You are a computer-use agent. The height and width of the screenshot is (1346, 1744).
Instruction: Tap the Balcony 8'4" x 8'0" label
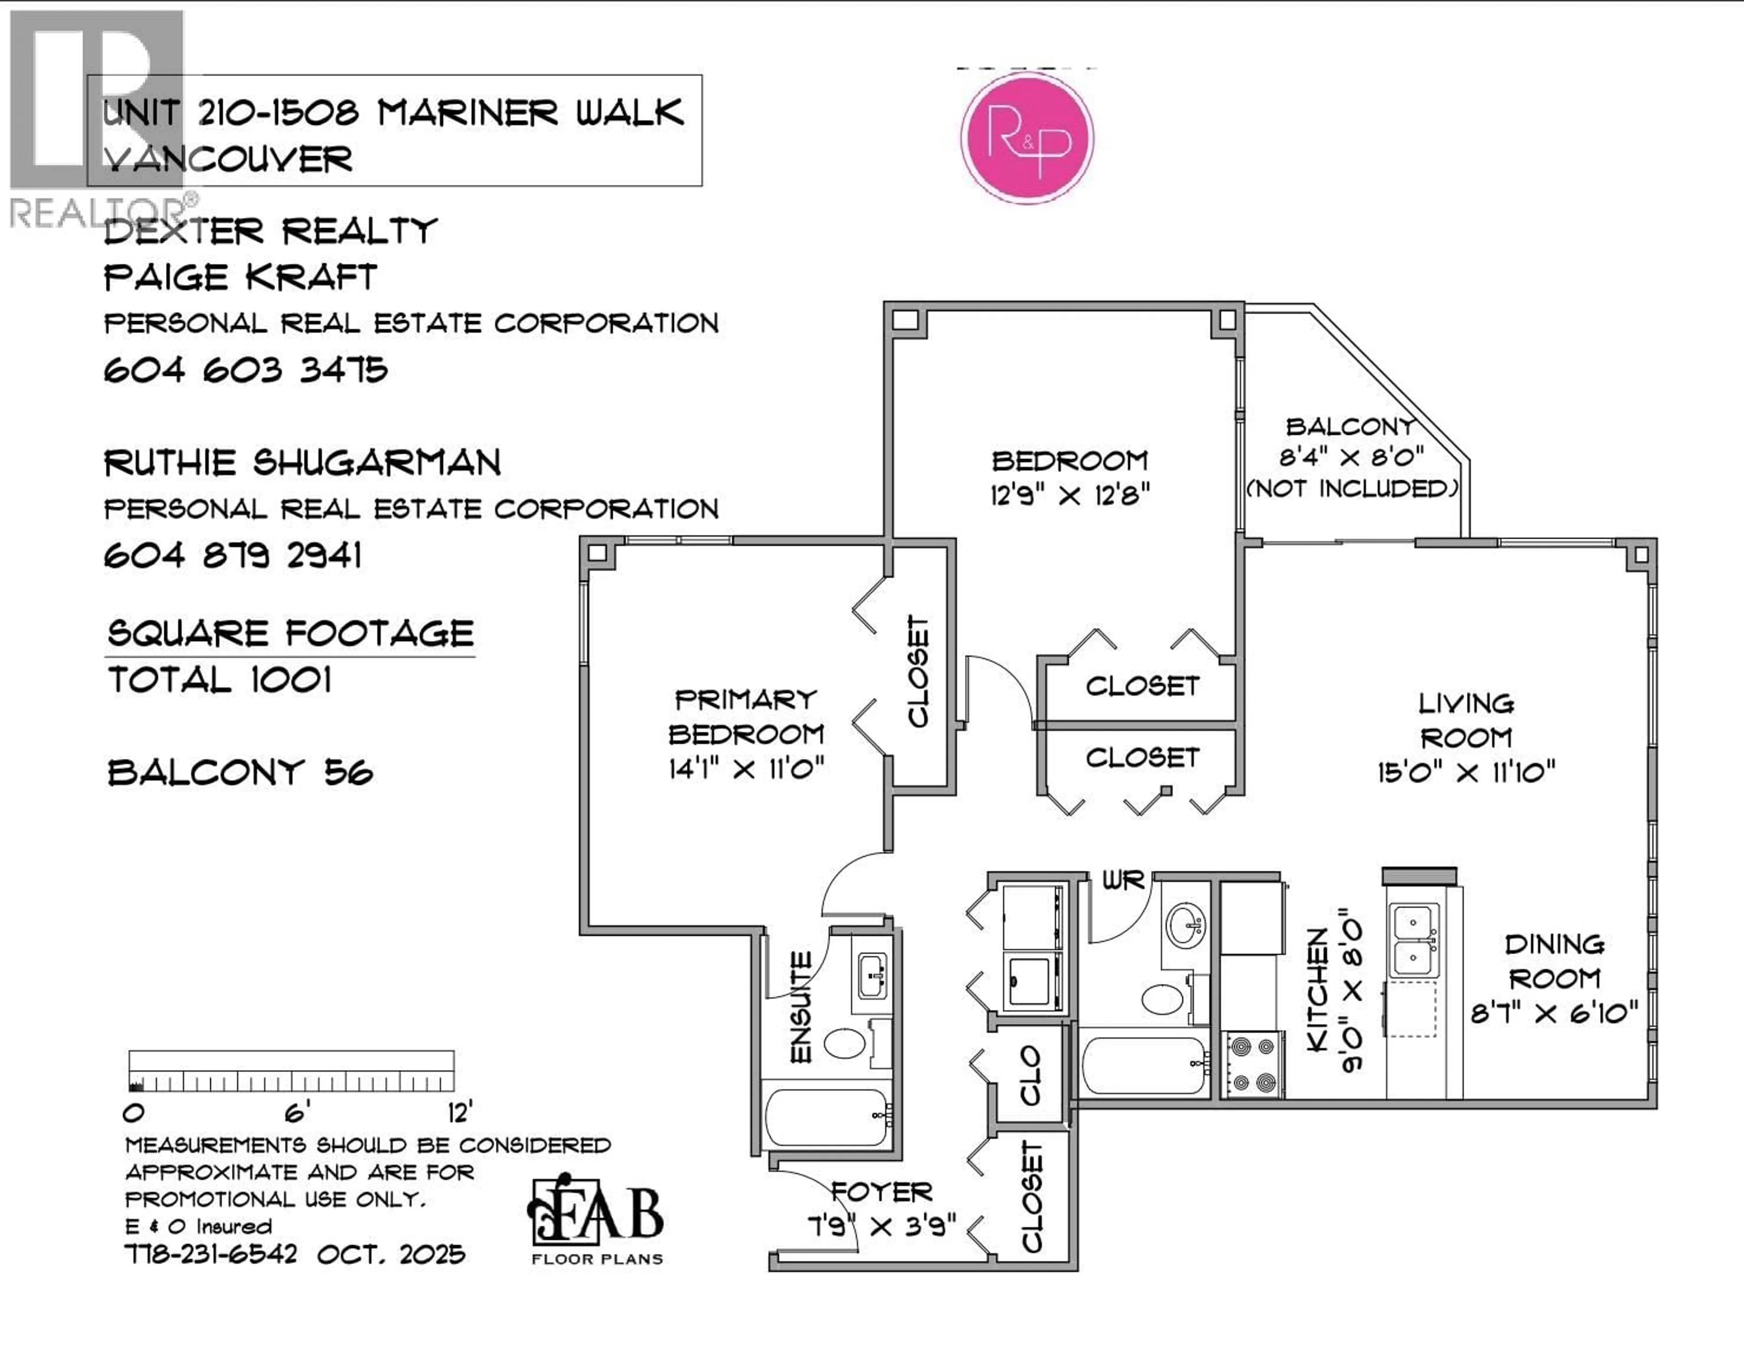[1351, 457]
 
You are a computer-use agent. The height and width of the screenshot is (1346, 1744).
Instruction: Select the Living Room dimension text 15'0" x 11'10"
[1466, 772]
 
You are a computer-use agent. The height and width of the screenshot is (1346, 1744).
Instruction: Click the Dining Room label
[1554, 962]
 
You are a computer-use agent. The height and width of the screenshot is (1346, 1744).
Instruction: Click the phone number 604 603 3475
[246, 370]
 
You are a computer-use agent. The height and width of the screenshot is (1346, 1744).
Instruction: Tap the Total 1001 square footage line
[220, 680]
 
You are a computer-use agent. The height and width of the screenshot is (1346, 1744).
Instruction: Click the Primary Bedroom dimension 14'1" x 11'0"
[746, 769]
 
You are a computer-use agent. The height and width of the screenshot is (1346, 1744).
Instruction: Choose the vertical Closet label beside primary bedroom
[919, 671]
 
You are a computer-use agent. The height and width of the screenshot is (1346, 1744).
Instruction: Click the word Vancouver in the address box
[228, 160]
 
